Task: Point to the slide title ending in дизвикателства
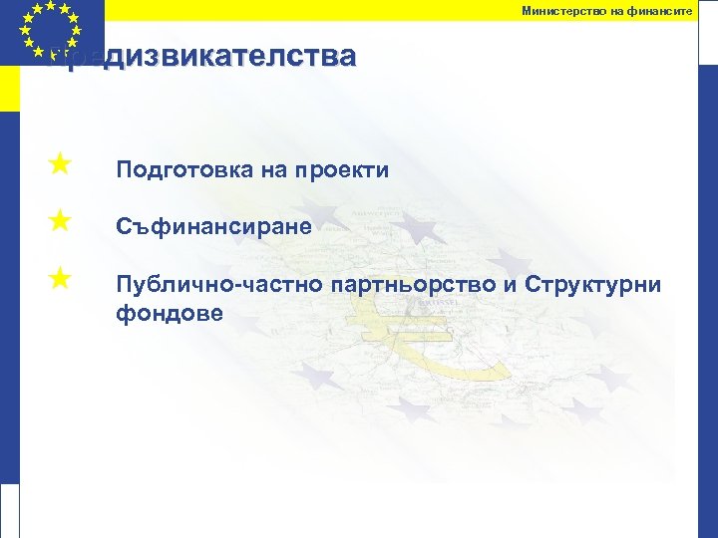[209, 57]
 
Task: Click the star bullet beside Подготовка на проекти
[59, 162]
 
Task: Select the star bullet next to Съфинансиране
[59, 219]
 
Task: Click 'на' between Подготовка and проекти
[274, 171]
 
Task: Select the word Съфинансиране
[213, 228]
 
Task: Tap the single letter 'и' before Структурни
[523, 286]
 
